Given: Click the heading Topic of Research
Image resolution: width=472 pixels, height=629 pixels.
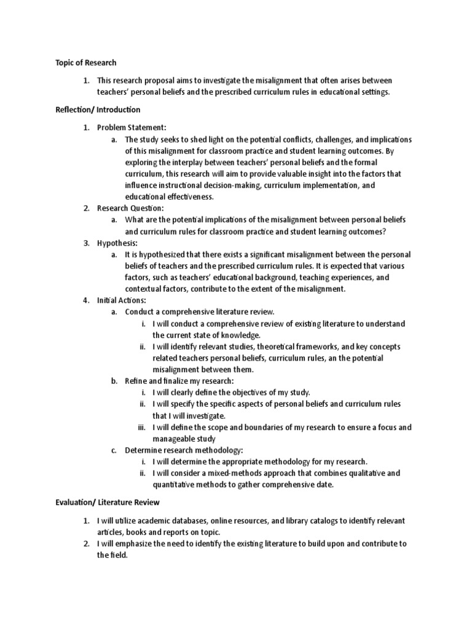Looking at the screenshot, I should pos(85,63).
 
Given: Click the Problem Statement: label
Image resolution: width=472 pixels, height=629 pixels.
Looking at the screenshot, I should pos(132,127).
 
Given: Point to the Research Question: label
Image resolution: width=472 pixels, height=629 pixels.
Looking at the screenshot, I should pos(130,208).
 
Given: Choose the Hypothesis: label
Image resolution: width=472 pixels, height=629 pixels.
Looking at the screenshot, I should pos(117,243).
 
